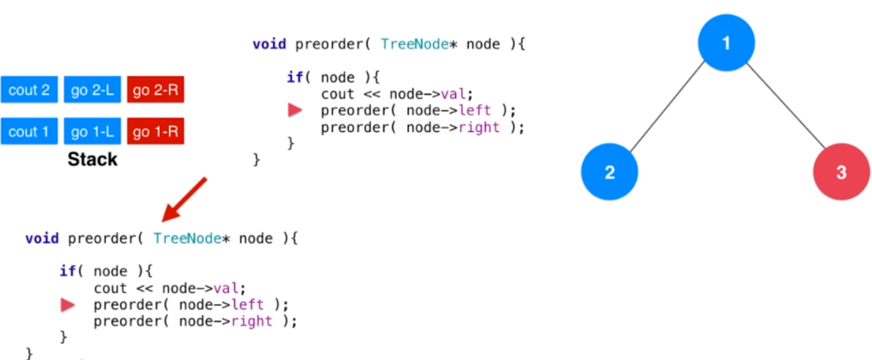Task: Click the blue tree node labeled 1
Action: [726, 43]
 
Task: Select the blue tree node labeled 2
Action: [609, 172]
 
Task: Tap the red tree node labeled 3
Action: [841, 172]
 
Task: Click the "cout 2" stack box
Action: [29, 91]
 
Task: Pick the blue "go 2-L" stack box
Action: [92, 91]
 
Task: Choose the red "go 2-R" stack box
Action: [155, 91]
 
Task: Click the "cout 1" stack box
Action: [29, 131]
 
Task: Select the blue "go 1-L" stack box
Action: [92, 131]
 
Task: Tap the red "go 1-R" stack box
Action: [155, 131]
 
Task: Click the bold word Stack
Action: [93, 159]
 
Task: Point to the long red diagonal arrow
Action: [185, 199]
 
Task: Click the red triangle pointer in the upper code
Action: [294, 110]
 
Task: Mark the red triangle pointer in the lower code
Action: [67, 305]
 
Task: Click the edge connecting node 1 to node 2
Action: [668, 107]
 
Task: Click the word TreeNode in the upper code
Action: [414, 44]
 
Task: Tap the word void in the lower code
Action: [42, 239]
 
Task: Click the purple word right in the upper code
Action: [478, 127]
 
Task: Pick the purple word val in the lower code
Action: [228, 288]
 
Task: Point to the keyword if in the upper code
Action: [295, 78]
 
